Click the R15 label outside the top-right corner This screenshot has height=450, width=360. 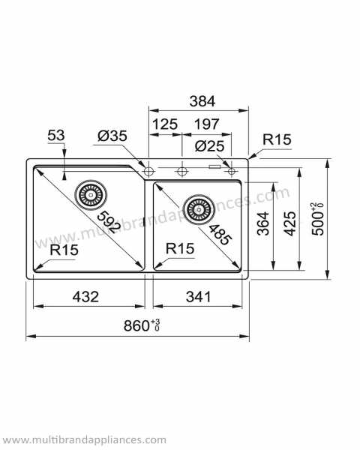coord(277,139)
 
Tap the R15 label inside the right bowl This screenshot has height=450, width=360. coord(180,248)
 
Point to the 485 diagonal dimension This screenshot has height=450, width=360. coord(220,232)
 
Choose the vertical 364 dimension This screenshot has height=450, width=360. coord(263,223)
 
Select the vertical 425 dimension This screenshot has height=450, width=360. coord(289,223)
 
